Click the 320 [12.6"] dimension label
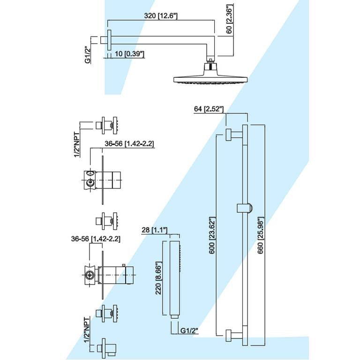[161, 15]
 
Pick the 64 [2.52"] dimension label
[209, 109]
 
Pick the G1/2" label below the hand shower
[189, 331]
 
